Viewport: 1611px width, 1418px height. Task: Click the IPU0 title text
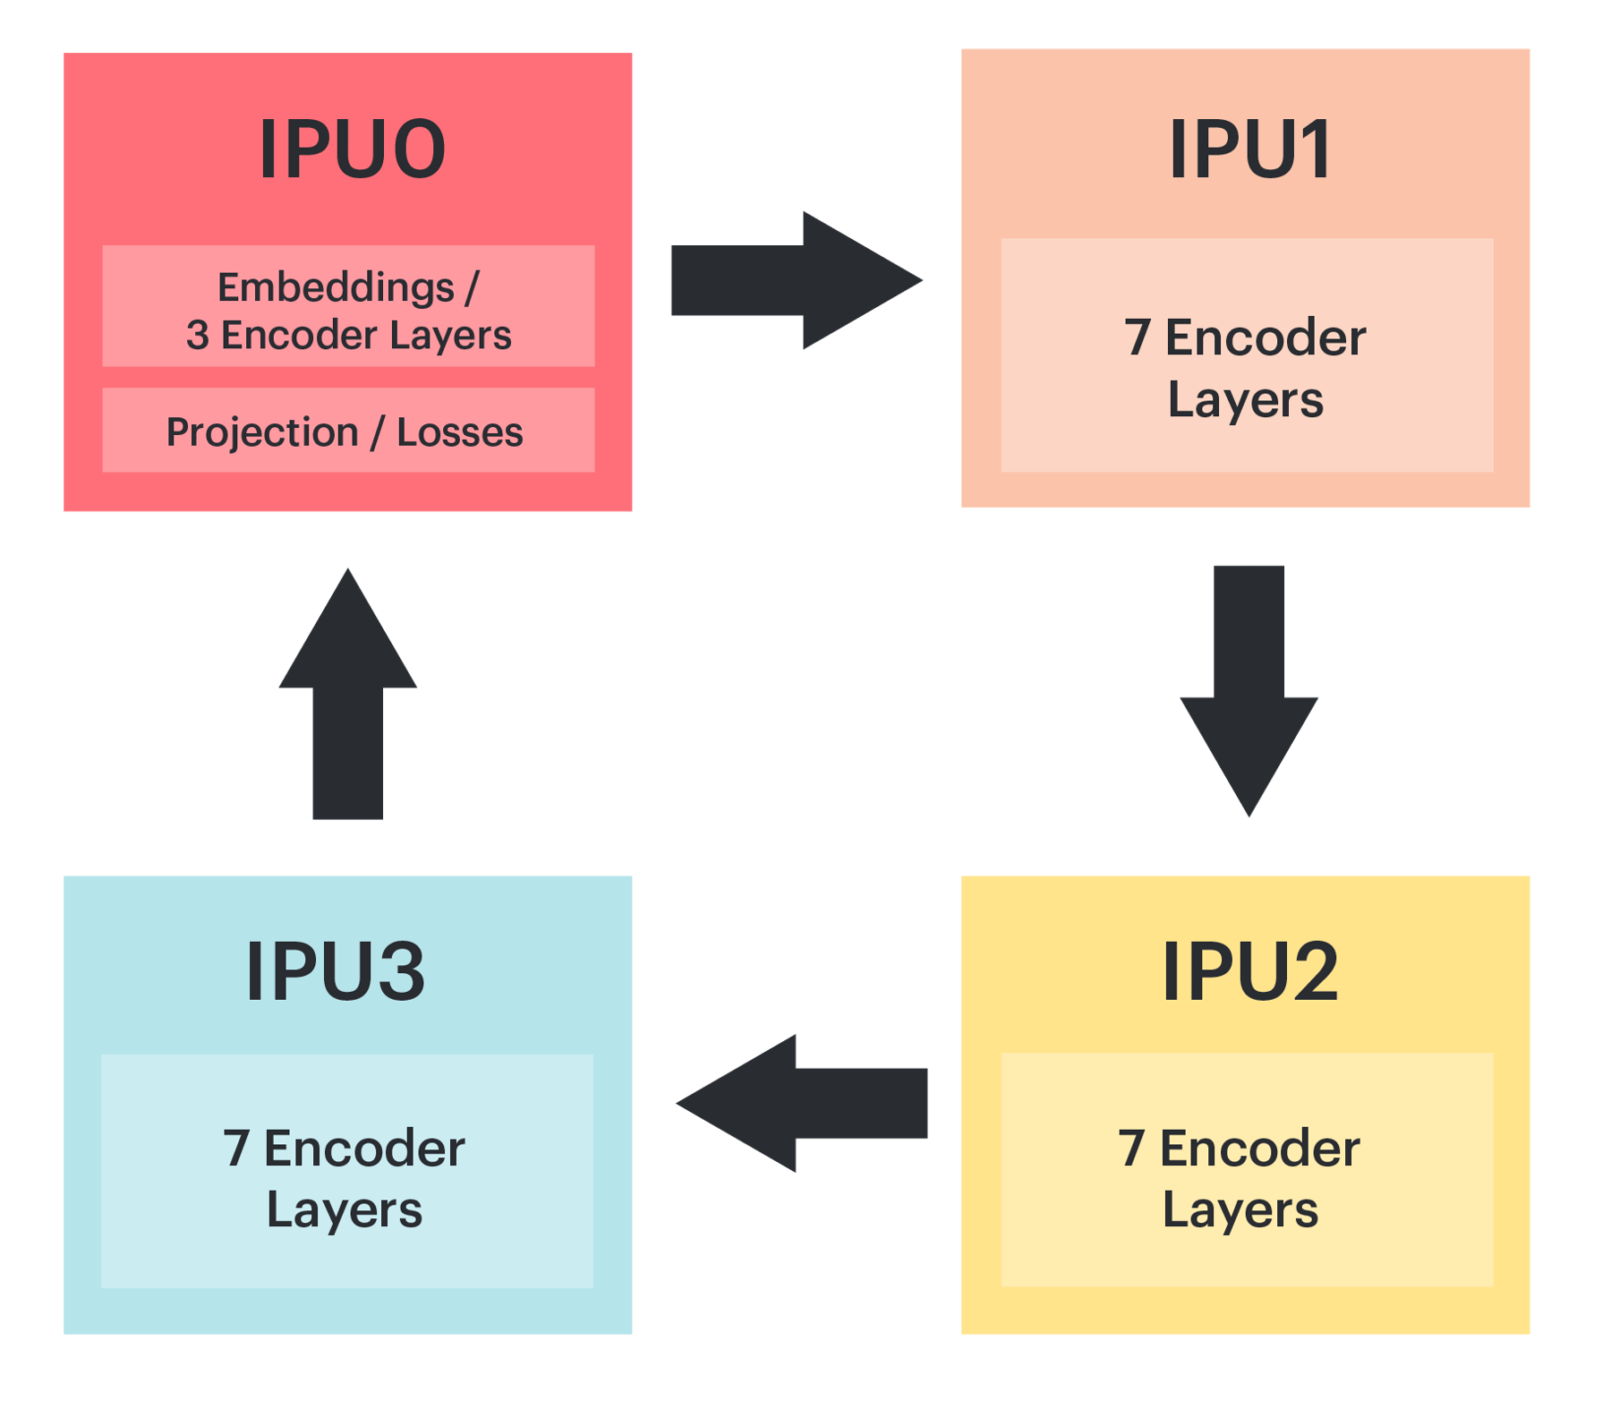(x=352, y=149)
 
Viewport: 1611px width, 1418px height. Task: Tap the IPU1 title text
(x=1249, y=149)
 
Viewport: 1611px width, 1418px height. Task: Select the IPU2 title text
(x=1249, y=972)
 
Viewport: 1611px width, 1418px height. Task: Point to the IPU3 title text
(x=336, y=972)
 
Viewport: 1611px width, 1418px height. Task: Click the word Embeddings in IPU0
(x=336, y=288)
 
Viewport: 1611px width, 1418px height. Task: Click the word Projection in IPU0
(x=262, y=432)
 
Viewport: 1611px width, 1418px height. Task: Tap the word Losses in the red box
(x=459, y=432)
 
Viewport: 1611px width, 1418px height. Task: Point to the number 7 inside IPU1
(x=1137, y=338)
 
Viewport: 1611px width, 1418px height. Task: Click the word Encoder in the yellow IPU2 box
(x=1259, y=1149)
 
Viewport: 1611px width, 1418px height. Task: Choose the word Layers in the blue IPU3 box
(x=345, y=1210)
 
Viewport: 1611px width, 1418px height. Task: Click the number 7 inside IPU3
(x=235, y=1149)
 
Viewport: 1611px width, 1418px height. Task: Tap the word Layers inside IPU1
(x=1245, y=400)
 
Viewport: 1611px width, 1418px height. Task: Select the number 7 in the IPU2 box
(x=1131, y=1149)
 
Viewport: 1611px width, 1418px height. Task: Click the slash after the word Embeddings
(x=472, y=288)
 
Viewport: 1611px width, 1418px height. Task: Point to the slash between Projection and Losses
(x=377, y=432)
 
